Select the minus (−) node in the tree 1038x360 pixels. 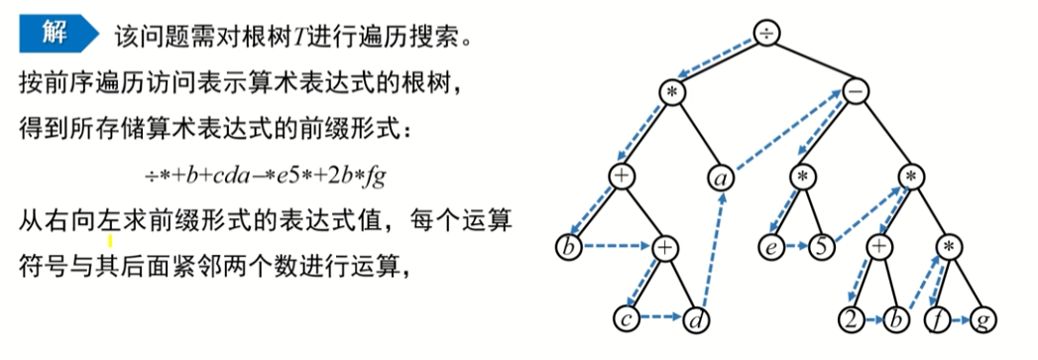tap(857, 90)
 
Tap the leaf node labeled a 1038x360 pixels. tap(721, 178)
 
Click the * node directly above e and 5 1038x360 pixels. tap(803, 178)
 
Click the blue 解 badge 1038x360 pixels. tap(57, 35)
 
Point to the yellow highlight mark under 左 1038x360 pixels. tap(109, 238)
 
